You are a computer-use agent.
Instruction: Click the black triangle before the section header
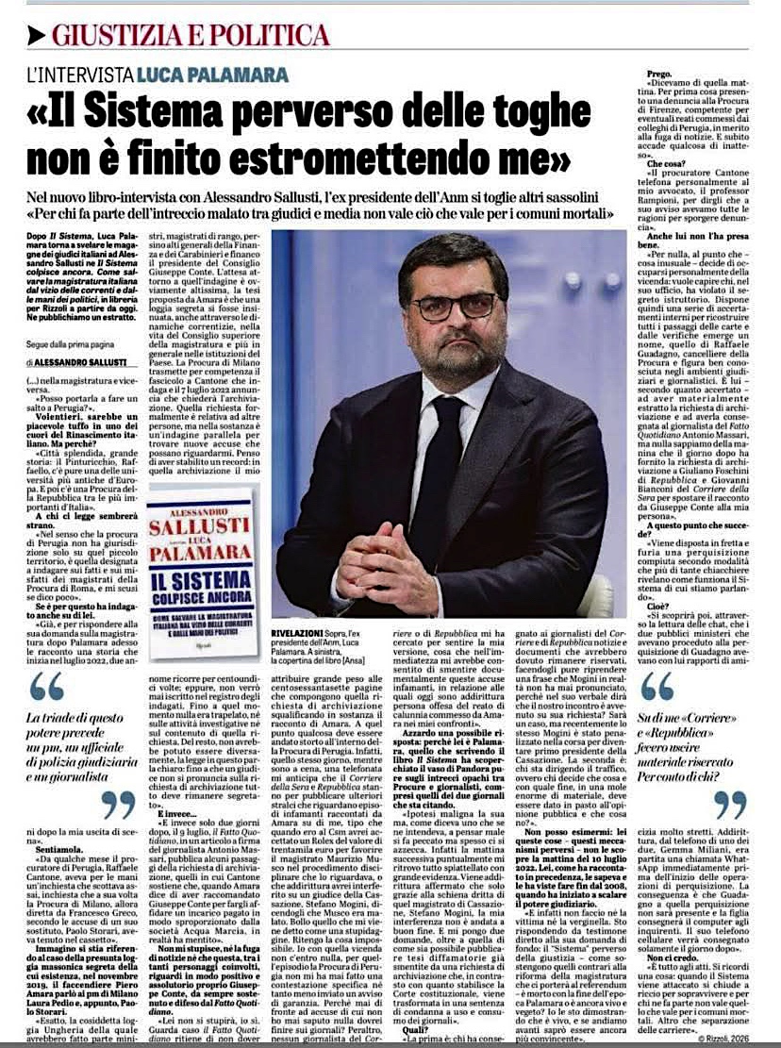(36, 36)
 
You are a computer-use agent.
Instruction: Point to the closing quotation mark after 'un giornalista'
(117, 805)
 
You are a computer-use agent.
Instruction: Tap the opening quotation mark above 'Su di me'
(657, 686)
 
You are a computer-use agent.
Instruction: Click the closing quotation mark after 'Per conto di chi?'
(729, 805)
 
